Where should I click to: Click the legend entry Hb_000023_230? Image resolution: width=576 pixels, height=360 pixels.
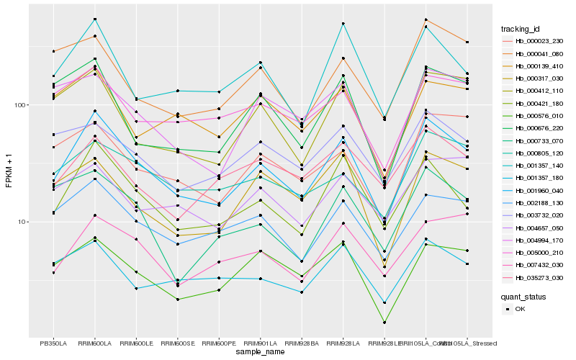point(539,42)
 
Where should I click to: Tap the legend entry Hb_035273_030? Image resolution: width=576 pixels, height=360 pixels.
point(539,277)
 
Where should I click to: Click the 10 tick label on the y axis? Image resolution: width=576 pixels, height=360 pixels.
point(21,222)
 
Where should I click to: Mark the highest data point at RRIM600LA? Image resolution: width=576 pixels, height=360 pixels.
point(95,19)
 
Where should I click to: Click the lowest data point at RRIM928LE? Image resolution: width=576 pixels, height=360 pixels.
point(384,323)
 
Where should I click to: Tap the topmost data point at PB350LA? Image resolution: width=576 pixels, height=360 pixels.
point(53,51)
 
